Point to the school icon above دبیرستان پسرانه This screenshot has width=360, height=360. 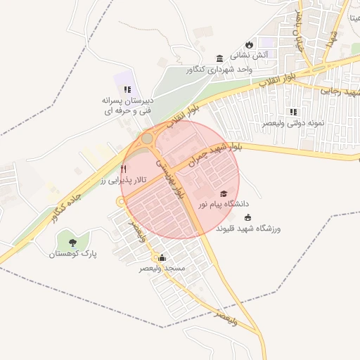pyautogui.click(x=127, y=89)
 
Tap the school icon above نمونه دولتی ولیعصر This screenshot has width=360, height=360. pyautogui.click(x=293, y=112)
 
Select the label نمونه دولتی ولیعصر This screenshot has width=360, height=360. pyautogui.click(x=294, y=123)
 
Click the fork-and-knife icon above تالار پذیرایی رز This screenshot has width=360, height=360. pyautogui.click(x=124, y=169)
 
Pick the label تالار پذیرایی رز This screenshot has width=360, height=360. pyautogui.click(x=123, y=181)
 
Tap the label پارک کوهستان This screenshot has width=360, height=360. pyautogui.click(x=72, y=253)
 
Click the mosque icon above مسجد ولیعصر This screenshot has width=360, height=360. pyautogui.click(x=162, y=257)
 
